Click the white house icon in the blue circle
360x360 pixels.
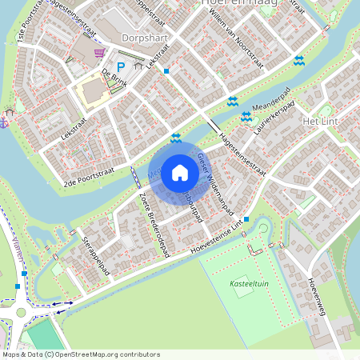point(179,173)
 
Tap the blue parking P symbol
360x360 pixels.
point(122,68)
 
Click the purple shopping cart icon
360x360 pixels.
point(99,53)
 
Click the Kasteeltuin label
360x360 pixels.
point(247,284)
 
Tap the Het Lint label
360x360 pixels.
point(322,120)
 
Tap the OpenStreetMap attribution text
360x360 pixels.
point(81,354)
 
